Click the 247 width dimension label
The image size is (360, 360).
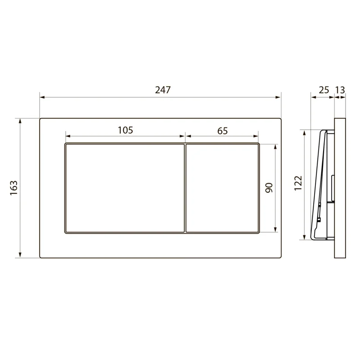[x=163, y=90]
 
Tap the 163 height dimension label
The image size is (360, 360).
[x=14, y=188]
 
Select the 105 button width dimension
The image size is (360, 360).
[x=126, y=130]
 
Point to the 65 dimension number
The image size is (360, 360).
[x=222, y=131]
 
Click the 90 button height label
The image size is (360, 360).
[x=269, y=188]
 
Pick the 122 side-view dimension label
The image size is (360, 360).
[x=298, y=183]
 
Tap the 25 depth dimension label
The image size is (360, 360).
[x=324, y=90]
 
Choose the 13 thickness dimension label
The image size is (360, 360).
[x=340, y=90]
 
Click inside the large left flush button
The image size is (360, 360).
[x=125, y=188]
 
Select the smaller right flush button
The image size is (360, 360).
[x=222, y=188]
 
